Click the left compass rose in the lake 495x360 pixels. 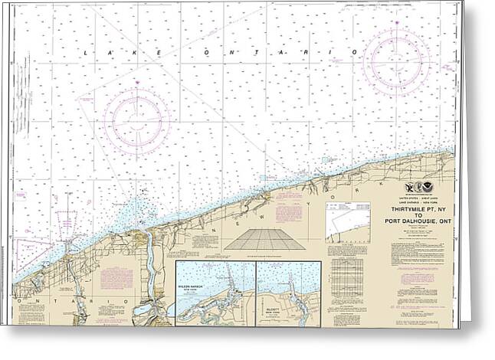[136, 117]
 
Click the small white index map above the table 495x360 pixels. [348, 222]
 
